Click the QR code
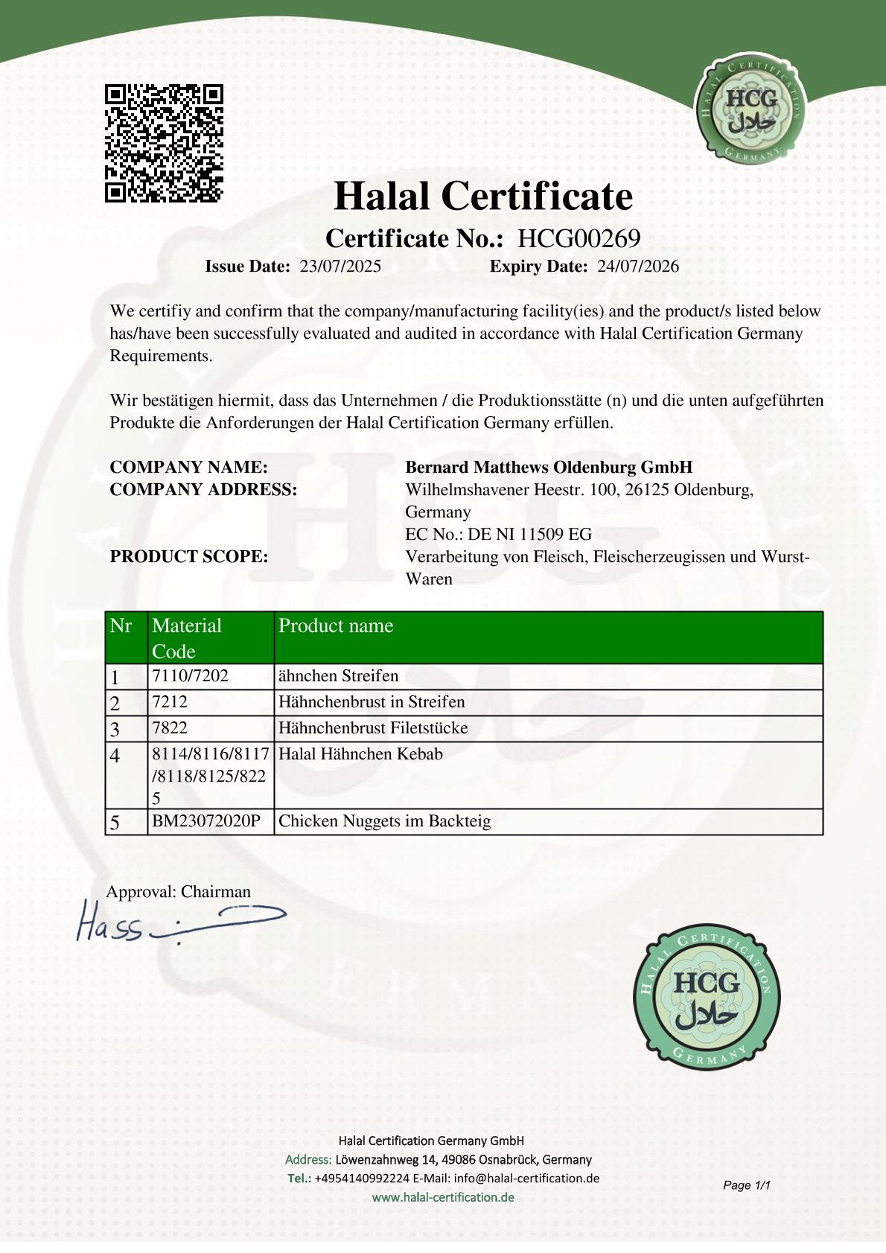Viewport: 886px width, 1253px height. click(164, 144)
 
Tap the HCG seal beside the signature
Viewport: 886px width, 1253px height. click(707, 998)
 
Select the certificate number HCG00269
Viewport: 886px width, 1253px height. click(579, 239)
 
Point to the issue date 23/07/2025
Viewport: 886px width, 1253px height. click(340, 267)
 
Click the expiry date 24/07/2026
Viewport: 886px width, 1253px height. click(638, 267)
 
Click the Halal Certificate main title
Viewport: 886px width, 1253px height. click(483, 197)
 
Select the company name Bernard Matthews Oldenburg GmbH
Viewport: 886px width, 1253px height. click(549, 468)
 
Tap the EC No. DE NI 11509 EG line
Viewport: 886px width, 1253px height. click(498, 535)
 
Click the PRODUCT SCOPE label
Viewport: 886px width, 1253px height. click(189, 557)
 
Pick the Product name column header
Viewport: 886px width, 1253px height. click(336, 626)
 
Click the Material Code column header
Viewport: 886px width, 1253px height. click(187, 638)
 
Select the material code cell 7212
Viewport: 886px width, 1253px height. click(170, 702)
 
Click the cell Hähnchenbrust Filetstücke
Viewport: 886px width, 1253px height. click(373, 728)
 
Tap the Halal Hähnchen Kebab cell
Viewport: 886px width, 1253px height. click(360, 754)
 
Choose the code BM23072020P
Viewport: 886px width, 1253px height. click(206, 821)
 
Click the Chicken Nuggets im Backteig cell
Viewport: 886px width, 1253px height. click(384, 821)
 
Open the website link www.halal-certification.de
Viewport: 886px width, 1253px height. click(443, 1197)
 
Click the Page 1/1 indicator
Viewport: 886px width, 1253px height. click(746, 1185)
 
